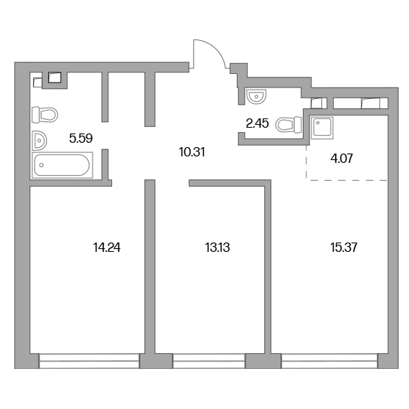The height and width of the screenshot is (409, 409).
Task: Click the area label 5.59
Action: click(81, 138)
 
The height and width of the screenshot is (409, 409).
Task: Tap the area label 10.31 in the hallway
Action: click(192, 152)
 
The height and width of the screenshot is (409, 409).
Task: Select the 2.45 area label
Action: click(257, 123)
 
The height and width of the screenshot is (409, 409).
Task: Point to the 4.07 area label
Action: click(342, 159)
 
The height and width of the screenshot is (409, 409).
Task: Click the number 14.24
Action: click(107, 248)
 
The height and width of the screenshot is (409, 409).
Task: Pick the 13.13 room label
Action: click(217, 248)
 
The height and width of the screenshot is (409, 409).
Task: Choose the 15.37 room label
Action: click(344, 248)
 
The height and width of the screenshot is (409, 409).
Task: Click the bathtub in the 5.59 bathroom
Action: click(62, 165)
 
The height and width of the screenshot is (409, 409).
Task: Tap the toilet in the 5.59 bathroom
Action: click(44, 115)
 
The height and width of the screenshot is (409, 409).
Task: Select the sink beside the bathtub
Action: click(39, 141)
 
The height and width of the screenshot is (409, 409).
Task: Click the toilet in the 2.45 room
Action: click(288, 124)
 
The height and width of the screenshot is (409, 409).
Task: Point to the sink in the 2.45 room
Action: click(256, 96)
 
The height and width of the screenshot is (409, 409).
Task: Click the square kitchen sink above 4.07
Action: click(322, 128)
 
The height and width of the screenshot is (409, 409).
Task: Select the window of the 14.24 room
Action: click(89, 361)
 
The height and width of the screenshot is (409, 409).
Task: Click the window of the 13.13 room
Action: click(209, 361)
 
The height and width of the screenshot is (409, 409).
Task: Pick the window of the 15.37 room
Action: click(329, 361)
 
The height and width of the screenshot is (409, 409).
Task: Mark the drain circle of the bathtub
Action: click(42, 165)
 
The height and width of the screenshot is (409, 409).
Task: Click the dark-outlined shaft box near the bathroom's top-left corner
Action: click(55, 77)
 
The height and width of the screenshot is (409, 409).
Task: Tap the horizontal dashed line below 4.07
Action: click(347, 180)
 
